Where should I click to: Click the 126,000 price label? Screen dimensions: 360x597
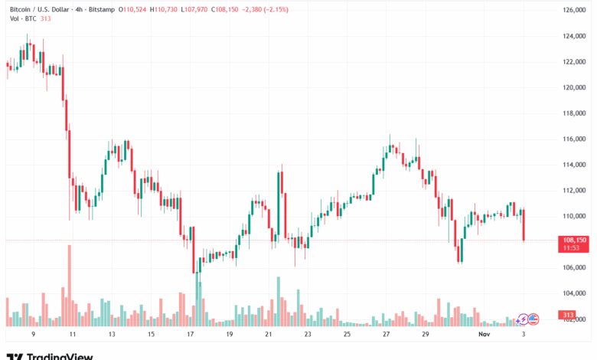[x=573, y=9]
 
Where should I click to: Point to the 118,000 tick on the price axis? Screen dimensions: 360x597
[x=573, y=113]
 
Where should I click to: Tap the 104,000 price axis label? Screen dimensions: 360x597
[x=573, y=293]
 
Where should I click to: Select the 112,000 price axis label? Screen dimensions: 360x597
[x=573, y=190]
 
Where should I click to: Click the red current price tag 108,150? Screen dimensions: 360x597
[x=573, y=240]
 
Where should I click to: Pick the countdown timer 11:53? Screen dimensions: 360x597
[x=573, y=248]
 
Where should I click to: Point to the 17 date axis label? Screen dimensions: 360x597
[x=191, y=335]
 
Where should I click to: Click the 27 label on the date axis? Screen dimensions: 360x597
[x=387, y=335]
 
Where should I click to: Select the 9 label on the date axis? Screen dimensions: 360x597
[x=33, y=335]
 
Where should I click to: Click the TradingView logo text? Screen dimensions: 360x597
[x=60, y=356]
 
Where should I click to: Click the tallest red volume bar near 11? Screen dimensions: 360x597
[x=70, y=283]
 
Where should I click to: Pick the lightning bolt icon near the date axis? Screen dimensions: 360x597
[x=524, y=318]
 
